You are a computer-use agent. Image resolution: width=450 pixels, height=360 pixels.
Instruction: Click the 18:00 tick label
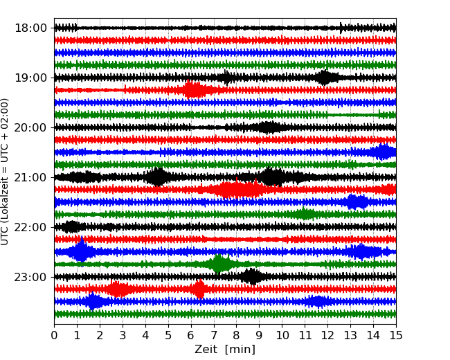30,28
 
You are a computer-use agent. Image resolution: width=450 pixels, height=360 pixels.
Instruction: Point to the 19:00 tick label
30,78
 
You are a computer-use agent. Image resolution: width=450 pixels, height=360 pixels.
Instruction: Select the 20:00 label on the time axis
30,127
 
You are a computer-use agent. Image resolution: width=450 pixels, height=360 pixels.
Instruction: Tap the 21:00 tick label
30,177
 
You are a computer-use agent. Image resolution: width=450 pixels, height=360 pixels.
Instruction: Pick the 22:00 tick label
30,227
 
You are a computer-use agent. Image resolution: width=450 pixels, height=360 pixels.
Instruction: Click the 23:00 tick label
30,277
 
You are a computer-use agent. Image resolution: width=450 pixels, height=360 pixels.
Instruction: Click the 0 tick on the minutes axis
55,336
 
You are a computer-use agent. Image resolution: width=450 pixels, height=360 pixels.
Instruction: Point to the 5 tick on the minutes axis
168,336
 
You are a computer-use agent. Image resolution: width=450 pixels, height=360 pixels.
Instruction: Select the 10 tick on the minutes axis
282,336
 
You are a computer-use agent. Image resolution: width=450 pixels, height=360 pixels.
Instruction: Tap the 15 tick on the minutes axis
395,336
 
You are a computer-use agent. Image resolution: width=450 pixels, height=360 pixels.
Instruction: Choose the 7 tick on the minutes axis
214,336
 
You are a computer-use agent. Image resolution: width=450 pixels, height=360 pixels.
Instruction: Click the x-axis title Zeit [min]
225,350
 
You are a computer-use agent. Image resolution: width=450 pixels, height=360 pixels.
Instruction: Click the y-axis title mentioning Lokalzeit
6,171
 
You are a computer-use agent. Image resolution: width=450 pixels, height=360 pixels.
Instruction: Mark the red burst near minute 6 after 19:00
194,90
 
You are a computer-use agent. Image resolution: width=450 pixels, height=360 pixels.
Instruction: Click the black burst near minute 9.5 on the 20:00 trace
269,127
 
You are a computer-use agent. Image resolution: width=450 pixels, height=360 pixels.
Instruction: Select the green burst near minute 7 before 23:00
219,264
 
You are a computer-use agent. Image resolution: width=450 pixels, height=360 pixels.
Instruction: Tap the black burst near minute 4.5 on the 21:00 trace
158,177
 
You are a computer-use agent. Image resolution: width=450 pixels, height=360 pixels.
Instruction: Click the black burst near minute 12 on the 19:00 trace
325,78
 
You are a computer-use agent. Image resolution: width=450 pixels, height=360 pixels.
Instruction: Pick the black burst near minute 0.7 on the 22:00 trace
71,227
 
